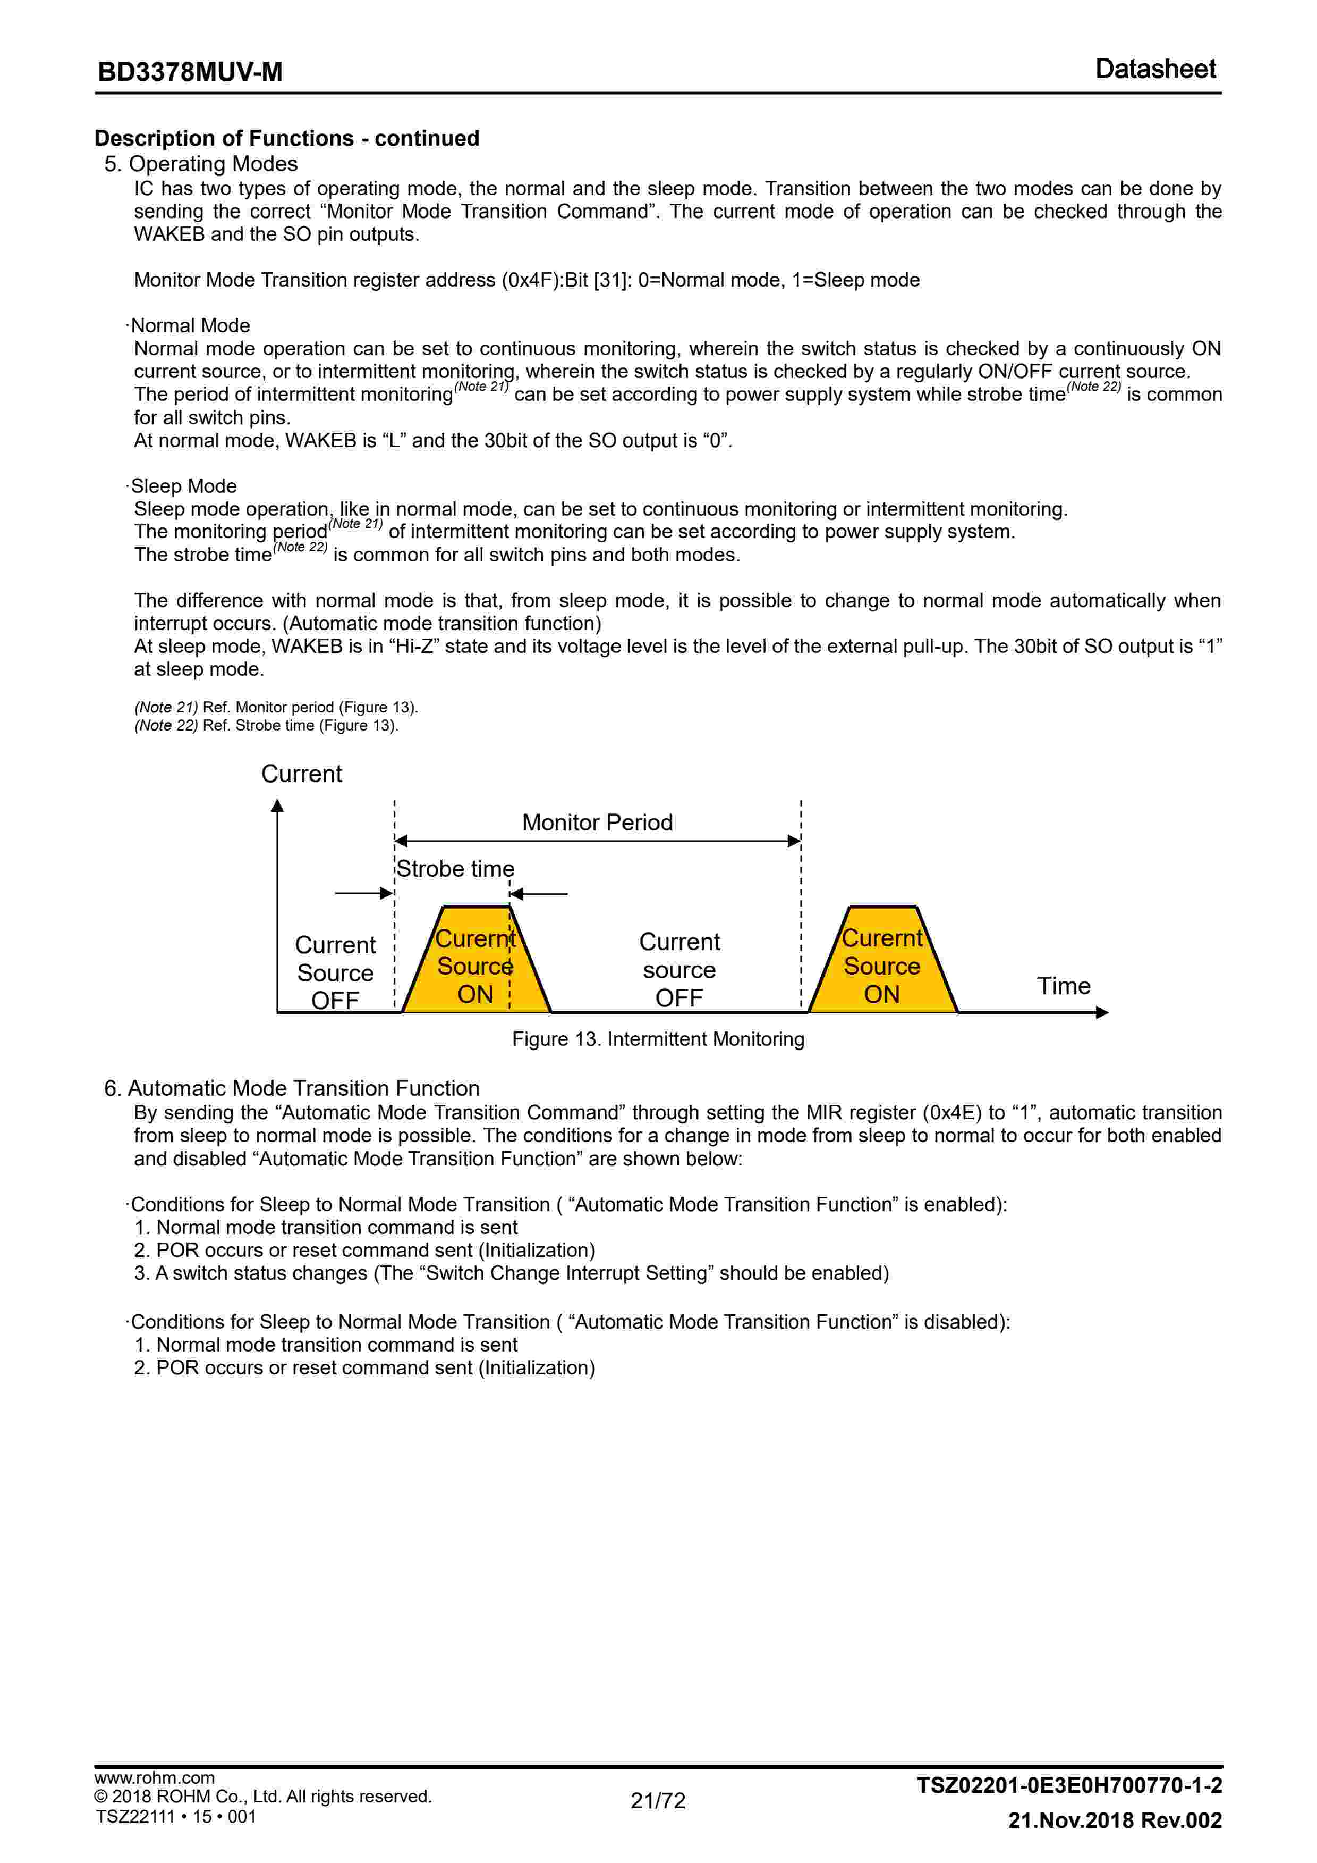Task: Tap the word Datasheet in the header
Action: [1155, 69]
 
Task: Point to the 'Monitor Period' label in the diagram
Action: [597, 822]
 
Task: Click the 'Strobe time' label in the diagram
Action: [455, 869]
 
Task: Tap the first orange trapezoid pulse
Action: [476, 965]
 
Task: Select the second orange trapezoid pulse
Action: [882, 965]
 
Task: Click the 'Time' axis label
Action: [1063, 986]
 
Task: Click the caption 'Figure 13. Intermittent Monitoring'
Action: [658, 1039]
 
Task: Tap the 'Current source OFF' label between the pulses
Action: [679, 970]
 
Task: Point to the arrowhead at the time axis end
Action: [1102, 1013]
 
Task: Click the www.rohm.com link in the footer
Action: [154, 1778]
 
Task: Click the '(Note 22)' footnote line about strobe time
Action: [266, 725]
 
